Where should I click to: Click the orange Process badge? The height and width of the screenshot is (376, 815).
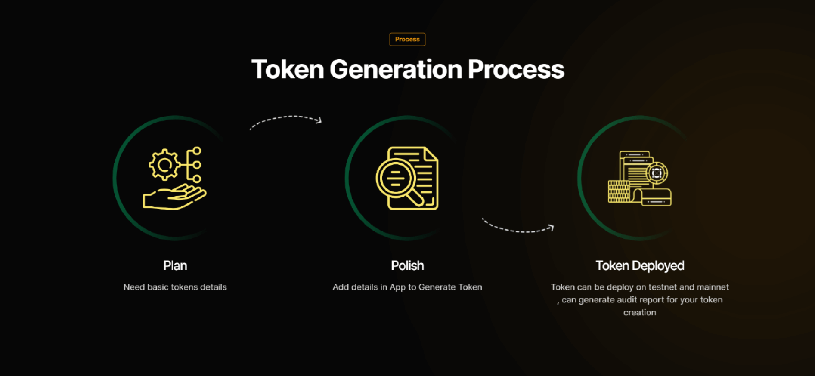tap(407, 39)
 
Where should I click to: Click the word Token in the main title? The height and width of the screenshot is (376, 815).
tap(288, 69)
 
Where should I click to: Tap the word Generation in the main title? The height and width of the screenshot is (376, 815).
tap(396, 69)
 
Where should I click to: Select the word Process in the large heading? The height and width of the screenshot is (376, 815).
tap(516, 69)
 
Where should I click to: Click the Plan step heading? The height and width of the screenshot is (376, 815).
tap(175, 265)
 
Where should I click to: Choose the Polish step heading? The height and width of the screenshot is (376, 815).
tap(407, 265)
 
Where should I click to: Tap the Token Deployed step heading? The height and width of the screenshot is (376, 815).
tap(640, 265)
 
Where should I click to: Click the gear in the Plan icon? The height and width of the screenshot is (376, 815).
tap(164, 164)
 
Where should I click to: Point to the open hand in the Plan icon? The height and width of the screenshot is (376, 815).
tap(174, 197)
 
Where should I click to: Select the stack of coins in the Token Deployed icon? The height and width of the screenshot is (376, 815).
tap(619, 191)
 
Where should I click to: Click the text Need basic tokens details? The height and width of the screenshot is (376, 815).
tap(175, 287)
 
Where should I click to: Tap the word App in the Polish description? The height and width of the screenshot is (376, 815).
tap(398, 287)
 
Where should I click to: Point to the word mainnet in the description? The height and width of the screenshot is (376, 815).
tap(713, 287)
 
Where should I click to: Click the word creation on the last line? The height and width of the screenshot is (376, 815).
tap(640, 313)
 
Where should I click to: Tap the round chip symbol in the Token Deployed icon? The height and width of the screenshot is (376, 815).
tap(657, 173)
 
